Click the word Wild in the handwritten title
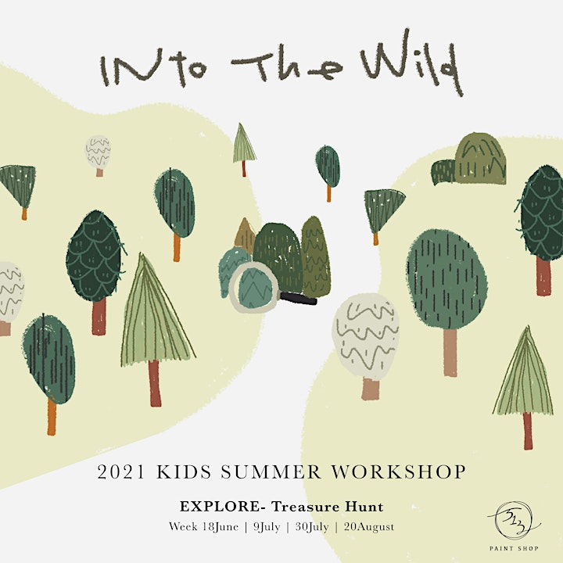click(x=412, y=62)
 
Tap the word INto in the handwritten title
click(x=153, y=67)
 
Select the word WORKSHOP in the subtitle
click(x=399, y=472)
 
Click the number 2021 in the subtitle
click(x=121, y=472)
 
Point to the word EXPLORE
click(x=220, y=507)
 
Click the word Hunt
click(x=364, y=507)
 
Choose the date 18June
click(x=220, y=527)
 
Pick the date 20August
click(x=369, y=527)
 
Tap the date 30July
click(x=312, y=527)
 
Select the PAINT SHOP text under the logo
click(x=514, y=548)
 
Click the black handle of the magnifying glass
click(x=298, y=299)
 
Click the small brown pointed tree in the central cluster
click(x=245, y=235)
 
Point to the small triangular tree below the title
click(x=244, y=149)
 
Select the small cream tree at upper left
click(x=98, y=155)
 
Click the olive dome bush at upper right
click(x=480, y=159)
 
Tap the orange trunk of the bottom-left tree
click(x=52, y=417)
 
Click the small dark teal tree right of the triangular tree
click(x=328, y=172)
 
